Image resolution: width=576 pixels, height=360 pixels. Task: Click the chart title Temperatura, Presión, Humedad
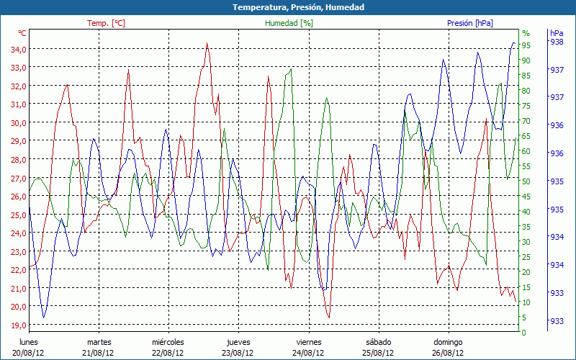click(x=288, y=7)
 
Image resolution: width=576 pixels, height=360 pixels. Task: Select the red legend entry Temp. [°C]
click(x=106, y=23)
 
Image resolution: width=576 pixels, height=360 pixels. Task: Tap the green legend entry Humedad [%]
click(x=289, y=23)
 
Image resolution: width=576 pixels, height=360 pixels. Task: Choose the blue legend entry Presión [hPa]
click(x=470, y=23)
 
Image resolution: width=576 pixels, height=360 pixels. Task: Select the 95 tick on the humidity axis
click(x=526, y=45)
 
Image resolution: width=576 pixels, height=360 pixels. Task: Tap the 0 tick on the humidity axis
click(x=524, y=332)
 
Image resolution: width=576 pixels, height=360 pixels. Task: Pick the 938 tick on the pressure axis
click(x=557, y=42)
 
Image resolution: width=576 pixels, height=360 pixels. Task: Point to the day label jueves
click(x=239, y=342)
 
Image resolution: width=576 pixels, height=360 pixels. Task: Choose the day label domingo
click(x=449, y=342)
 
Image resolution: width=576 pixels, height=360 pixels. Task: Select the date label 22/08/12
click(x=168, y=353)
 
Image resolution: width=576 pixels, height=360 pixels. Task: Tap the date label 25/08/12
click(x=379, y=353)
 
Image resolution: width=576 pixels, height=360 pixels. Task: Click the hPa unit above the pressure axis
click(x=557, y=33)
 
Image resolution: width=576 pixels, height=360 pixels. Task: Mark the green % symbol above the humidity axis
click(x=526, y=33)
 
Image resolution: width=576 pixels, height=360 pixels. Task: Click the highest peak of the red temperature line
click(x=207, y=43)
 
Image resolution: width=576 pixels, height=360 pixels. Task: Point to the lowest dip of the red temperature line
click(x=328, y=317)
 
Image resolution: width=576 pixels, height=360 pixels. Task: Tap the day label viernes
click(x=309, y=342)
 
